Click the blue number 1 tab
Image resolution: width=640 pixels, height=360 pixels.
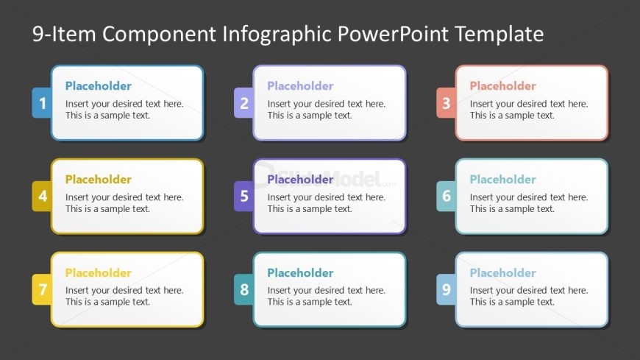pyautogui.click(x=42, y=102)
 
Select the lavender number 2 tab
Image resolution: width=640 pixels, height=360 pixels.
pyautogui.click(x=244, y=102)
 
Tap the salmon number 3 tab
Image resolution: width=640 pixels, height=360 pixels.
pyautogui.click(x=446, y=102)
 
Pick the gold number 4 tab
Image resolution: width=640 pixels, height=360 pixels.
pyautogui.click(x=42, y=196)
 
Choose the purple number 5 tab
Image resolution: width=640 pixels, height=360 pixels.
pyautogui.click(x=244, y=196)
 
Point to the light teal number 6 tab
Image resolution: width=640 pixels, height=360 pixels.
pyautogui.click(x=446, y=196)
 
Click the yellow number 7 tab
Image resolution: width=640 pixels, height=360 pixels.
pyautogui.click(x=42, y=289)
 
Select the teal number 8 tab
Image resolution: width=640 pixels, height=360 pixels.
pyautogui.click(x=244, y=289)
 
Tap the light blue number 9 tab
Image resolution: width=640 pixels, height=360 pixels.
pyautogui.click(x=446, y=289)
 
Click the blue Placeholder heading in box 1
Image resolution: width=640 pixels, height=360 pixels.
pyautogui.click(x=99, y=86)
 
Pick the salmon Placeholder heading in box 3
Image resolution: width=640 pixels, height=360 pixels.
pyautogui.click(x=503, y=86)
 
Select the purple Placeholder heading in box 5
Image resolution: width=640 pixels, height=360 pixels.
pyautogui.click(x=300, y=180)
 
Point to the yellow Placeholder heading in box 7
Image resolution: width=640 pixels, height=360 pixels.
pyautogui.click(x=99, y=272)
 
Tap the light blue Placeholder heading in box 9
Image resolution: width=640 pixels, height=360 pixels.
pyautogui.click(x=503, y=272)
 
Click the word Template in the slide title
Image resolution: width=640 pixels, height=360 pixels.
pyautogui.click(x=499, y=35)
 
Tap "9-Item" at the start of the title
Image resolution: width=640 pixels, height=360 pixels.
pyautogui.click(x=64, y=34)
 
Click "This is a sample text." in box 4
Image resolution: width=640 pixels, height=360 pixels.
pyautogui.click(x=107, y=209)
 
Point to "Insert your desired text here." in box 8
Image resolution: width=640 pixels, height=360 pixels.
pyautogui.click(x=327, y=291)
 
